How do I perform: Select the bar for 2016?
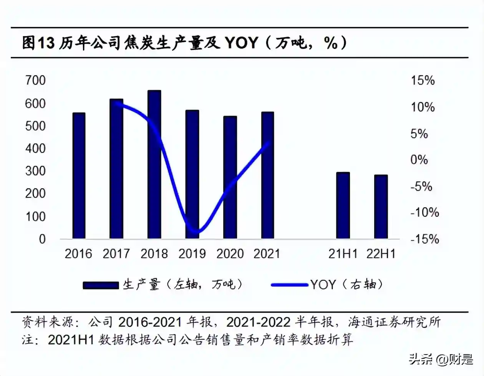coord(79,176)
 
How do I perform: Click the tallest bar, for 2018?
coord(154,165)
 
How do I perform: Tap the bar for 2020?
coord(230,177)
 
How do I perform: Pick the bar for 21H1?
coord(343,205)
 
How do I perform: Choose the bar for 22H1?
coord(381,206)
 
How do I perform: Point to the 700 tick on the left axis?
coord(35,80)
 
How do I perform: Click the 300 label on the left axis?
coord(35,171)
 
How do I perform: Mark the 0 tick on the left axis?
coord(42,239)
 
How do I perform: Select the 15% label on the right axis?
coord(423,80)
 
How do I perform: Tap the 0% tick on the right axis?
coord(419,160)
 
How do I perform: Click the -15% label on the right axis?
coord(424,239)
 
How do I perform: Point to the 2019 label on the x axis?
coord(192,254)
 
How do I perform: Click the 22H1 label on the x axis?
coord(381,254)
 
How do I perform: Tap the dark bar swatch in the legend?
coord(101,285)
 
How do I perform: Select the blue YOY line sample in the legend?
coord(289,285)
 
